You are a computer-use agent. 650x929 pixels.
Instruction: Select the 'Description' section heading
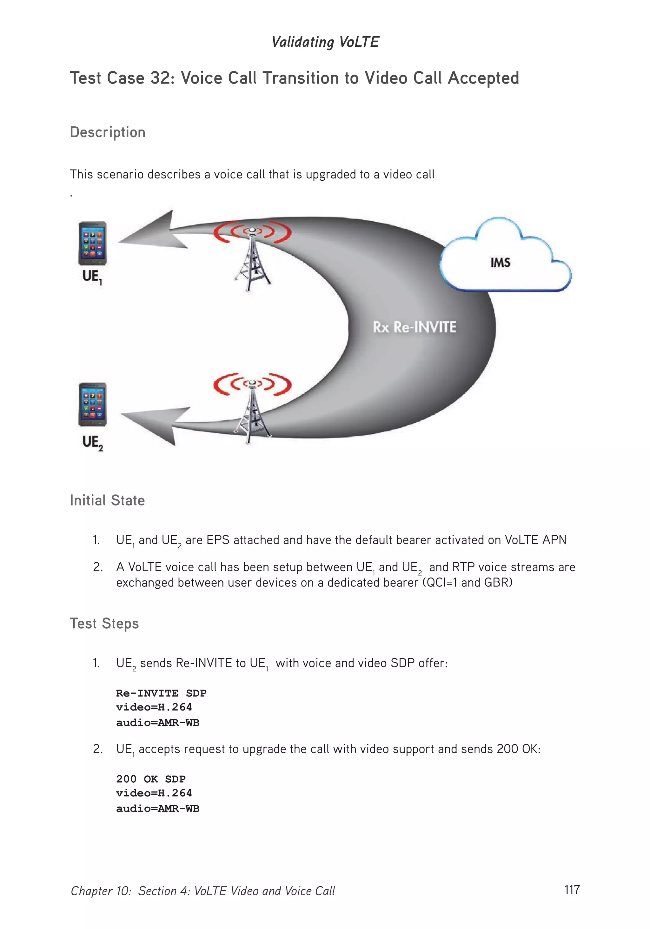click(108, 132)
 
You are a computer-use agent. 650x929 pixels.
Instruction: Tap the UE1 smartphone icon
click(92, 243)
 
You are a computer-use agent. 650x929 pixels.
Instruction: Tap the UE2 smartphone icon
click(92, 404)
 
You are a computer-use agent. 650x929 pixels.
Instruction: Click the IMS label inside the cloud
click(500, 263)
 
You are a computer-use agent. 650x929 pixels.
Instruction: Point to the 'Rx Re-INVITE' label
click(414, 327)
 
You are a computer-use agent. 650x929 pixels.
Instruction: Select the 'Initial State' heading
click(107, 500)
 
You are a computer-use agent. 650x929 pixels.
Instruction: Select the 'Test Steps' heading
click(104, 624)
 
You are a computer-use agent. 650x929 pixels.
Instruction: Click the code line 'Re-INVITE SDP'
click(161, 693)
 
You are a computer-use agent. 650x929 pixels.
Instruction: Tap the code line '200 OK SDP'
click(150, 779)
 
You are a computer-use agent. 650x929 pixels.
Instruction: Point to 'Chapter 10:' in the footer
click(101, 891)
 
